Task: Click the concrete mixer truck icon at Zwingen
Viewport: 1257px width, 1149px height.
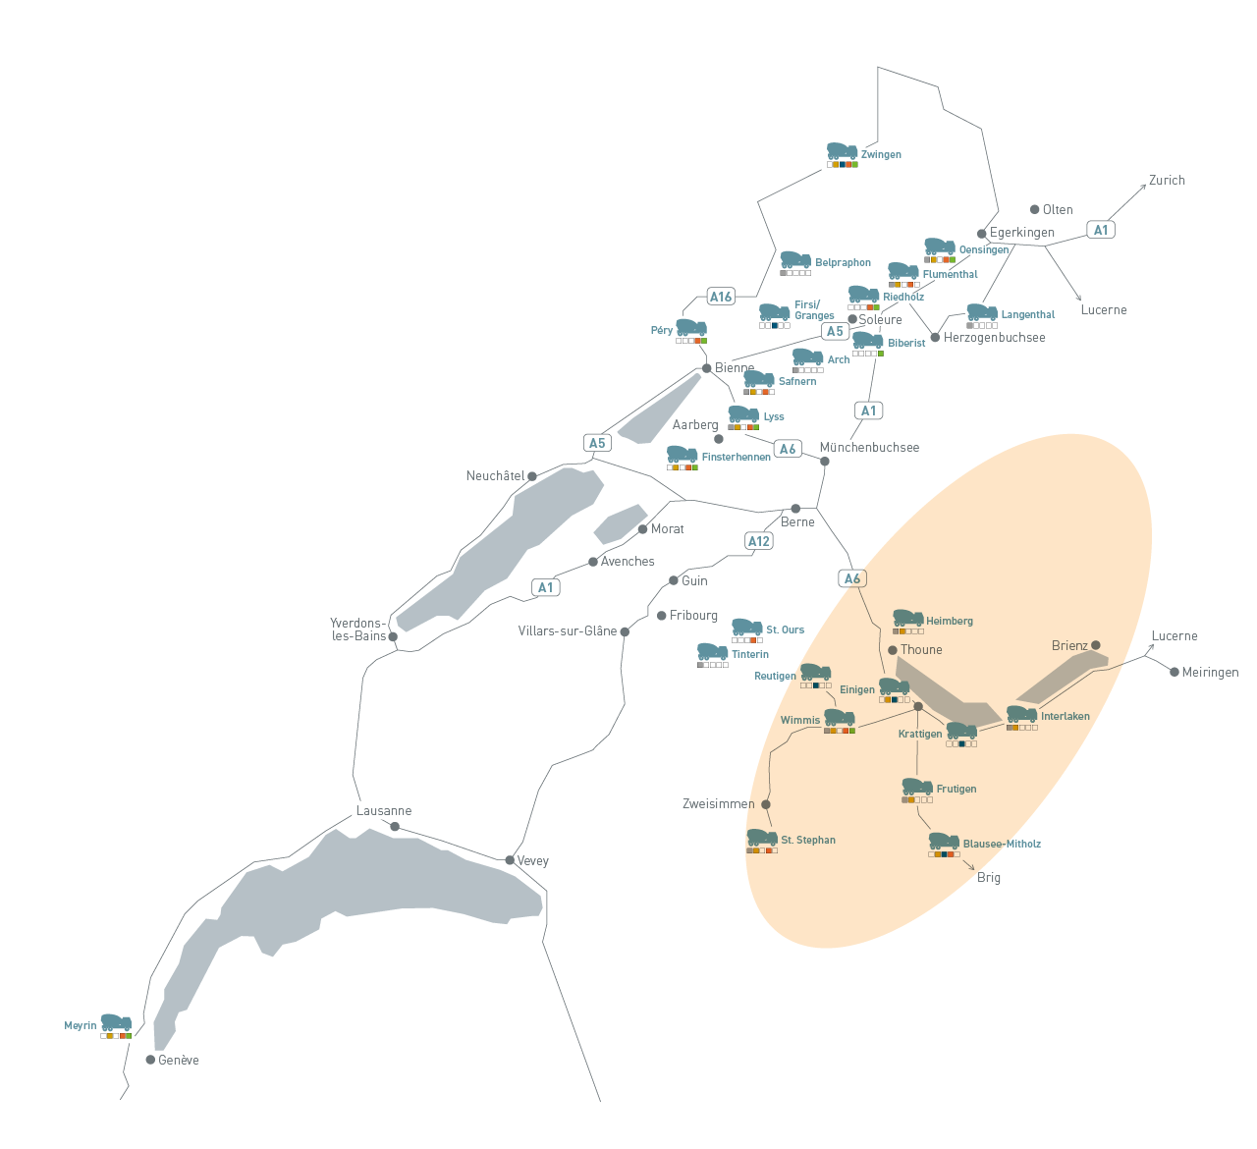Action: [x=842, y=151]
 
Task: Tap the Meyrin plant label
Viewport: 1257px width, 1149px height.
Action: [x=81, y=1026]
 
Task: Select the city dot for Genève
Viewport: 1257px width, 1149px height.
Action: [x=150, y=1060]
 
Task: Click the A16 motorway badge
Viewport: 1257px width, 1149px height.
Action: [x=721, y=297]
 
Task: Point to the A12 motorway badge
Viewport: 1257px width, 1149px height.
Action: [x=759, y=541]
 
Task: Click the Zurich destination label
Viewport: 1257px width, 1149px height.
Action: [x=1167, y=181]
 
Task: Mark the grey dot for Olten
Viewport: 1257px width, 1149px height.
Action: [x=1034, y=209]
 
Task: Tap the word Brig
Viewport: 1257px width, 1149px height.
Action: [x=989, y=878]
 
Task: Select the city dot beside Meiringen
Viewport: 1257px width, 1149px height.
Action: [x=1175, y=672]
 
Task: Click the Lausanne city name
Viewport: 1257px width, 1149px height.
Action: [x=384, y=811]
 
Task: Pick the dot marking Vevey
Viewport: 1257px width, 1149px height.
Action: [x=510, y=860]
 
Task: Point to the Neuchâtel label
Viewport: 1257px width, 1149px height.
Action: [x=495, y=476]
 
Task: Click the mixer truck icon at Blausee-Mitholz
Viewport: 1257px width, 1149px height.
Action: [x=944, y=841]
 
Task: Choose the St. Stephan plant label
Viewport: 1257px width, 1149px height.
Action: [x=808, y=841]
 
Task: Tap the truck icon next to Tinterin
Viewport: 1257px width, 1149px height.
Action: [x=712, y=652]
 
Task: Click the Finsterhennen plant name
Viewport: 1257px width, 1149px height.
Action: [x=736, y=458]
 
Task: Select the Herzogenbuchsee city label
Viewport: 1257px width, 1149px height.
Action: [x=994, y=338]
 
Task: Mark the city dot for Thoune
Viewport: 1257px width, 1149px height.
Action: [x=892, y=650]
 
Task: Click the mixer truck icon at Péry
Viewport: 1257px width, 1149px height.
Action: [x=690, y=327]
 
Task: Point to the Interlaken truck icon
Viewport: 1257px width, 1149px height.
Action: [x=1021, y=714]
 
